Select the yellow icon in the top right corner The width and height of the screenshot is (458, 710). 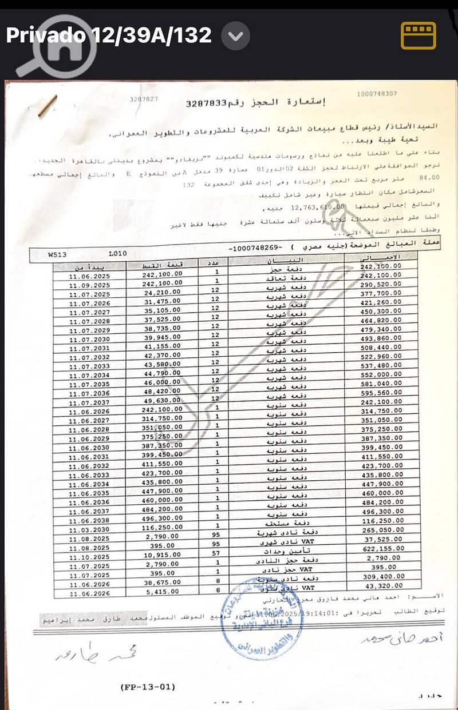tap(418, 36)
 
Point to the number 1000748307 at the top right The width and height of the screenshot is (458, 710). tap(376, 94)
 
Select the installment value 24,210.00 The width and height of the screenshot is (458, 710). tap(163, 294)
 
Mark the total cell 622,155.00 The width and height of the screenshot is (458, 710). tap(381, 548)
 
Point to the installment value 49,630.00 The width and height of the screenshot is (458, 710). tap(163, 402)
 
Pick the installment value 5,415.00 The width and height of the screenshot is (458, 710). tap(163, 594)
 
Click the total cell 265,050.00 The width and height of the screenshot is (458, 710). tap(381, 530)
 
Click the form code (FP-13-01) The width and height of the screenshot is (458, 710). tap(149, 687)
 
